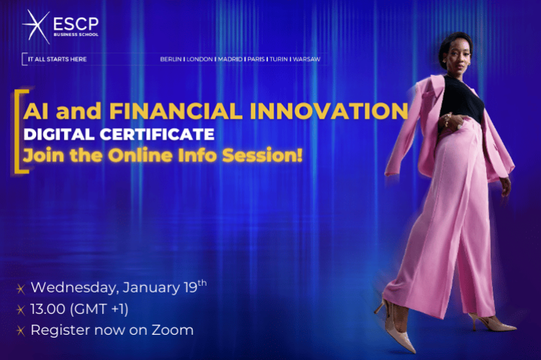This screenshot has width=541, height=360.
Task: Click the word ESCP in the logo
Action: pyautogui.click(x=75, y=22)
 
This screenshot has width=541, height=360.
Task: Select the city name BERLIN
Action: pyautogui.click(x=171, y=59)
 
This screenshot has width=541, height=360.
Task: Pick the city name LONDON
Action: pyautogui.click(x=199, y=59)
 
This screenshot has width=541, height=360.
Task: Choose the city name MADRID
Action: pyautogui.click(x=229, y=59)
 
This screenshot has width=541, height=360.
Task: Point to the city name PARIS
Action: pyautogui.click(x=255, y=59)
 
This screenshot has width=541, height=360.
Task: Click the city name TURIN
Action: pyautogui.click(x=278, y=59)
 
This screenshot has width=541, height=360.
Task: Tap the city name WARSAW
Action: pyautogui.click(x=306, y=59)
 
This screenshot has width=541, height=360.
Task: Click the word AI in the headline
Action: pyautogui.click(x=35, y=111)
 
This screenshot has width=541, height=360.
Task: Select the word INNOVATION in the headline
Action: pyautogui.click(x=343, y=111)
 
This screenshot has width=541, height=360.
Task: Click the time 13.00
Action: pyautogui.click(x=48, y=309)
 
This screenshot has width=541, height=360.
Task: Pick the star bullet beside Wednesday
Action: pyautogui.click(x=20, y=288)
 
